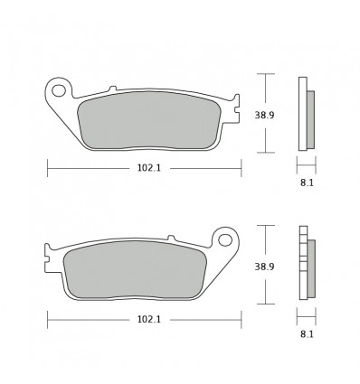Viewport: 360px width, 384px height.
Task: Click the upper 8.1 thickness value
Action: [306, 182]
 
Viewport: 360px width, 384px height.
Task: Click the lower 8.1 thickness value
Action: [306, 333]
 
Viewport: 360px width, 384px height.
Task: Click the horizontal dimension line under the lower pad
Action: [90, 319]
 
